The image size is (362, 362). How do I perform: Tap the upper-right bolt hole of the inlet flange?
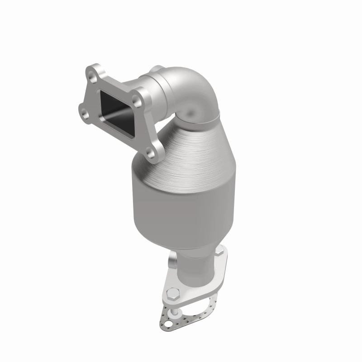(x=140, y=97)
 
